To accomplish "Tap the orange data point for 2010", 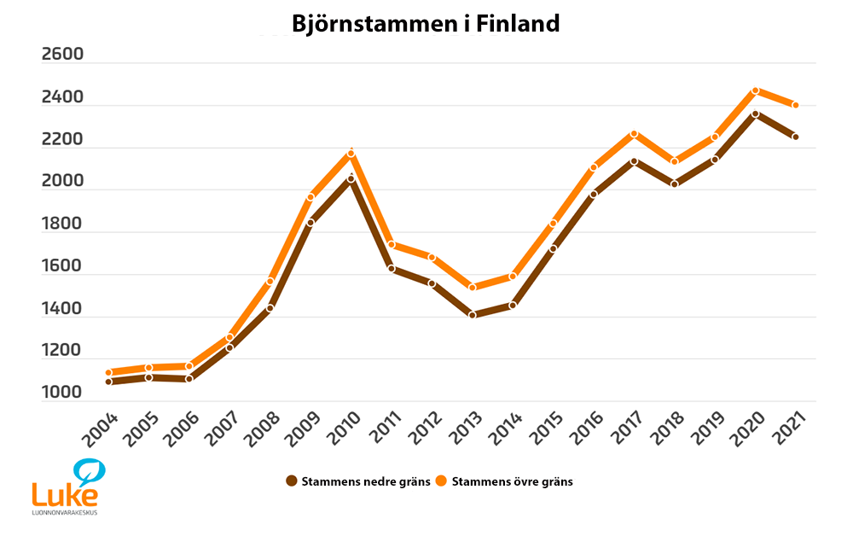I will point(351,154).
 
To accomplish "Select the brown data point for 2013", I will point(472,315).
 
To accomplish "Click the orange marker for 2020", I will point(755,90).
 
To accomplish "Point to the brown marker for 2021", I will point(795,137).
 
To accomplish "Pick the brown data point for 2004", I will point(108,382).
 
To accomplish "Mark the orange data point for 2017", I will point(634,134).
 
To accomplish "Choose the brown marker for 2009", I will point(310,222).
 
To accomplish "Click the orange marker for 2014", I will point(513,277).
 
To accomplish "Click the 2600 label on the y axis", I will point(62,55).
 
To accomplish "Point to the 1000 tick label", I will point(62,393).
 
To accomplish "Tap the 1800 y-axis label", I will point(62,224).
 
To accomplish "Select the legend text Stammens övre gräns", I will point(512,481).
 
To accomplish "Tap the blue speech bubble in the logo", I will point(88,470).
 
